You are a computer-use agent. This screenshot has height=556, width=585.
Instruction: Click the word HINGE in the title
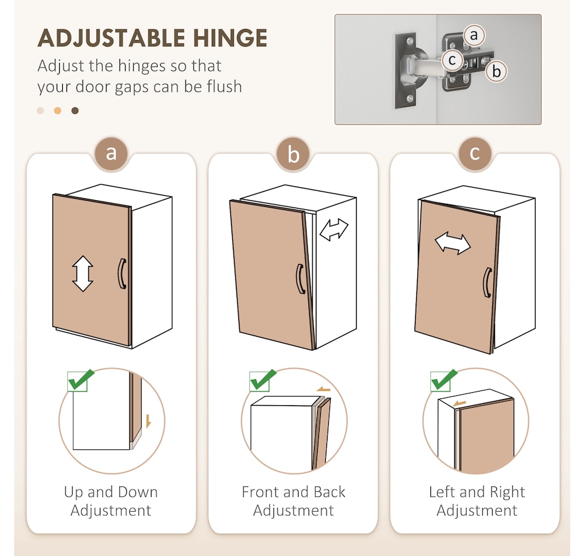coord(230,38)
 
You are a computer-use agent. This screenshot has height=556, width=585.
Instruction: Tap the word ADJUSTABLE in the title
coord(111,38)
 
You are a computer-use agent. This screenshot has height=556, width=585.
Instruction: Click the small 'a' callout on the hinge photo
coord(474,36)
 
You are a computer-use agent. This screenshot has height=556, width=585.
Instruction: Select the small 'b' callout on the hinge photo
coord(496,71)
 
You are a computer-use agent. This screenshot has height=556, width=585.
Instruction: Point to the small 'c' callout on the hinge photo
coord(452,60)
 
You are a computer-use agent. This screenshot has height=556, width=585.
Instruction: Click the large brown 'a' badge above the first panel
coord(111,153)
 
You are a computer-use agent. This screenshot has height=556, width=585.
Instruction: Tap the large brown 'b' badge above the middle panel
coord(293,154)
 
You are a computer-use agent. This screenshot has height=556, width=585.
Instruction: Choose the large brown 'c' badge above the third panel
coord(475,153)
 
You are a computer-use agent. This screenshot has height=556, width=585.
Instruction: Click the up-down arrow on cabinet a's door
coord(83,273)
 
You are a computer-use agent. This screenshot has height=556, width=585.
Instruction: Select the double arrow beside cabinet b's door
coord(334,230)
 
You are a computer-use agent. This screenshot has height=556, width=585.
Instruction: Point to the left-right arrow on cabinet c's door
coord(453,244)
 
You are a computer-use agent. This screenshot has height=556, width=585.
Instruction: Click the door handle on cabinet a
coord(122,273)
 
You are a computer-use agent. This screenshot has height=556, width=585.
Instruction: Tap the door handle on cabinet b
coord(301,279)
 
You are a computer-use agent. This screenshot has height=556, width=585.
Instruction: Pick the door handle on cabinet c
coord(487,283)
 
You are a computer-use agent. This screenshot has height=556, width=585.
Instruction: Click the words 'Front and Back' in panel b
coord(294,492)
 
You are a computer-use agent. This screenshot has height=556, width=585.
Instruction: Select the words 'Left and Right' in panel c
coord(477,492)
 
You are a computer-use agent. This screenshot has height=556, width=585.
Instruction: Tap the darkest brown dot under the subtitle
coord(75,110)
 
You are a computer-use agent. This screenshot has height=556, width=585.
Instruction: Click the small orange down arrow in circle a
coord(148,421)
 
